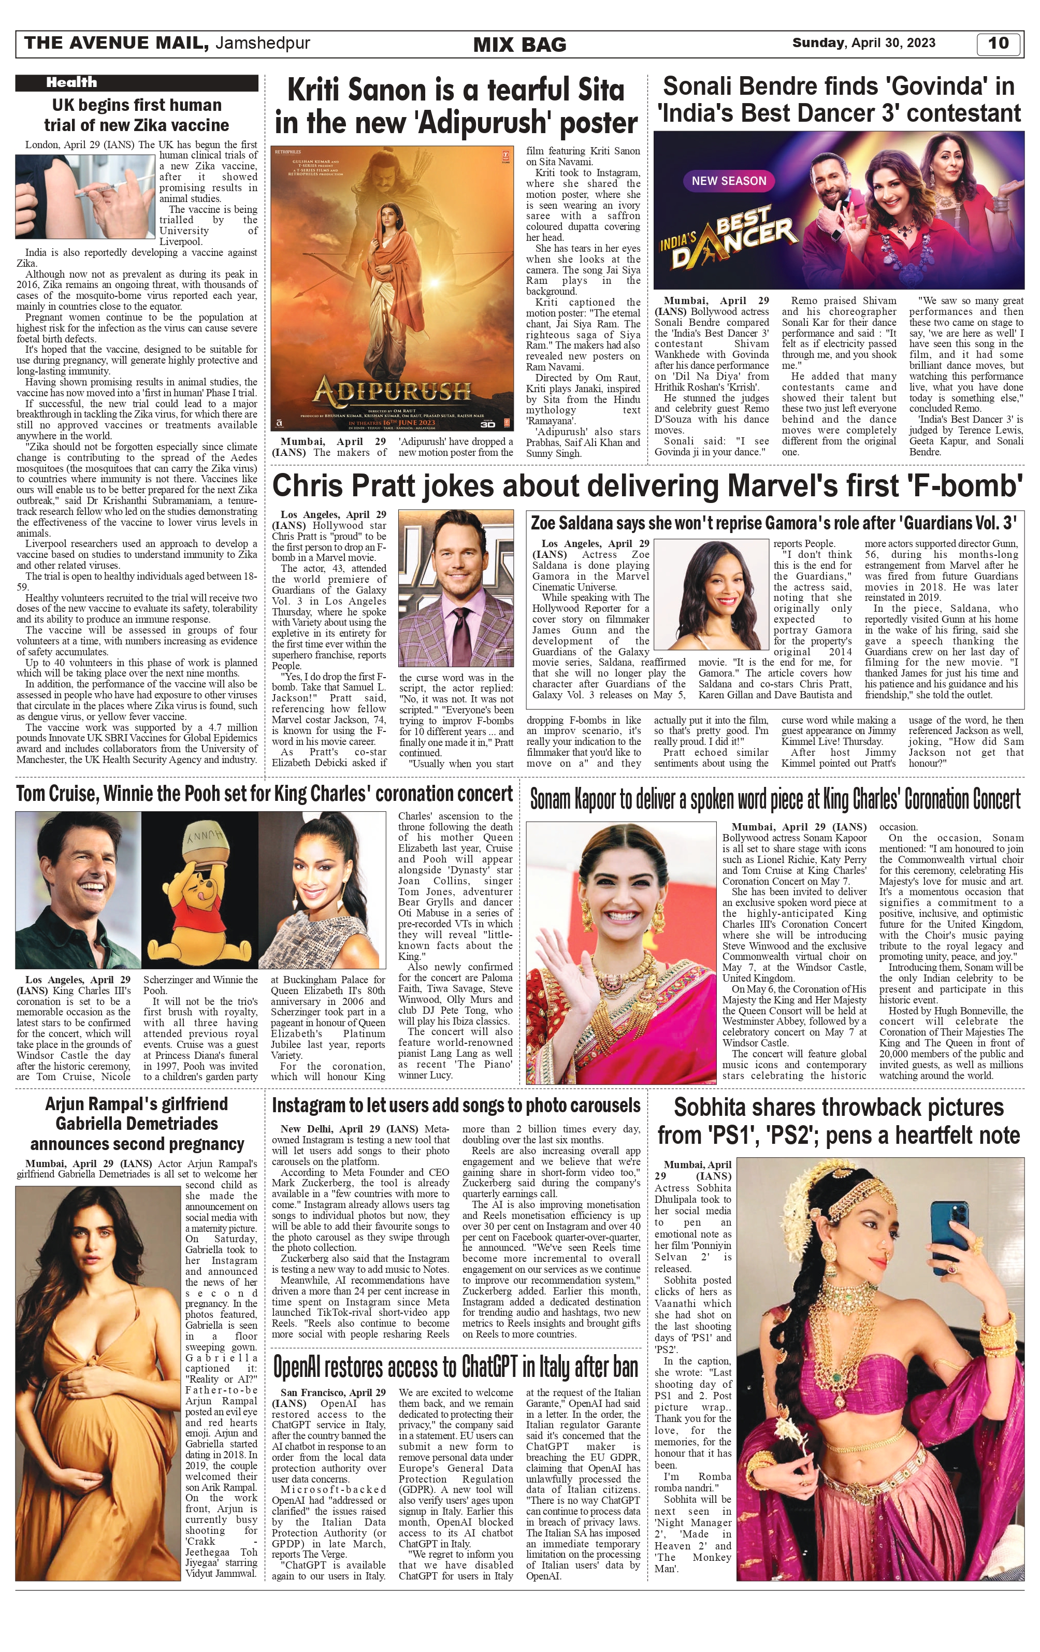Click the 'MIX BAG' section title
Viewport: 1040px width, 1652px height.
(x=519, y=45)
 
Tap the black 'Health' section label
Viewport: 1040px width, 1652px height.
(x=71, y=82)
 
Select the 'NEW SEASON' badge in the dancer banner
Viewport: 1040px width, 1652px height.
(x=729, y=181)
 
